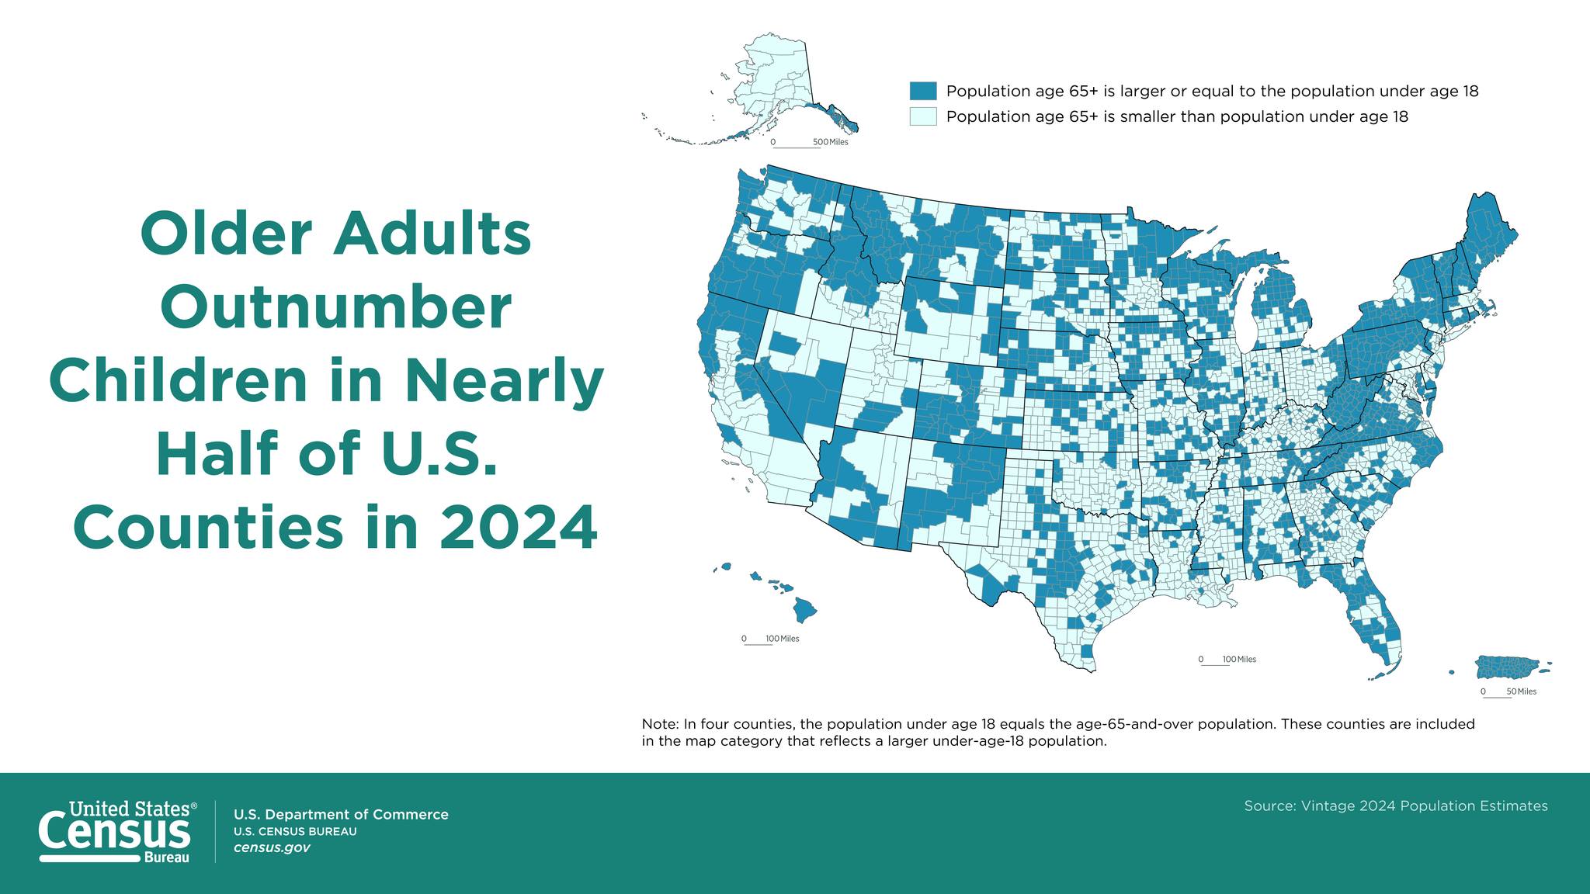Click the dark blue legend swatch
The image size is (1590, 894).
pos(923,91)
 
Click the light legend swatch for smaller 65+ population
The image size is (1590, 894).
pos(923,116)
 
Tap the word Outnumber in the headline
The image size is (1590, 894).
pos(335,307)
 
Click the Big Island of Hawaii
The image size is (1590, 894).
pos(804,609)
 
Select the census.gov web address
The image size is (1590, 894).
pos(272,847)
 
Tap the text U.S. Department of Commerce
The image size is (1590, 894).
pos(341,814)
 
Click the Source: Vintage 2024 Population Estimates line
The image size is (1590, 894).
pos(1396,806)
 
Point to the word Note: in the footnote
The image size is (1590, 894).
pos(661,724)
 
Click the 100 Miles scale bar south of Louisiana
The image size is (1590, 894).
pos(1227,661)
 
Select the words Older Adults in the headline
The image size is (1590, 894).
pos(335,234)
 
